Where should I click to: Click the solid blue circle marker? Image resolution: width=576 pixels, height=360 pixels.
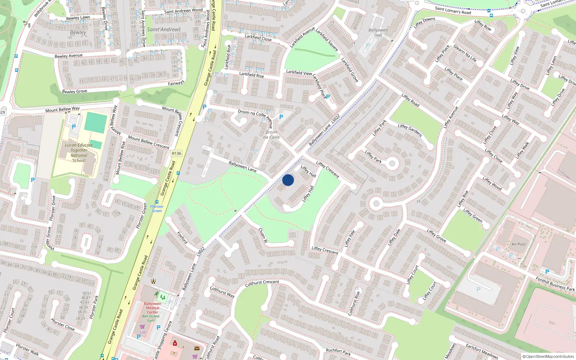point(288,180)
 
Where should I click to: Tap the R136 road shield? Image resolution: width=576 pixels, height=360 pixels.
point(176,153)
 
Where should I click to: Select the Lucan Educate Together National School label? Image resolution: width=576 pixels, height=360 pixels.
point(79,153)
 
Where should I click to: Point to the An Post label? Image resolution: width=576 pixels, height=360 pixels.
point(518,244)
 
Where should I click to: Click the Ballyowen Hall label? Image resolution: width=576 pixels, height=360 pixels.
point(378,32)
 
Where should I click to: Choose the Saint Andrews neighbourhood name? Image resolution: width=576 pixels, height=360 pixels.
point(164,30)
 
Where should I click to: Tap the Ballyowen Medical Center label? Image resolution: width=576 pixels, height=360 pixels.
point(153,308)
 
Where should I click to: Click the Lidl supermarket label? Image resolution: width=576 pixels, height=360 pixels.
point(143,332)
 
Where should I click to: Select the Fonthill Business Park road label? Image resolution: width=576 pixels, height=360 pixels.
point(555,284)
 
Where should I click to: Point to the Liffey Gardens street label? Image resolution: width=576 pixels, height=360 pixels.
point(410,130)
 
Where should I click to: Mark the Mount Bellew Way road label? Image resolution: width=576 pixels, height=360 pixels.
point(62,109)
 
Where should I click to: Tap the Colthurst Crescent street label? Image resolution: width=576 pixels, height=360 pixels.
point(262,283)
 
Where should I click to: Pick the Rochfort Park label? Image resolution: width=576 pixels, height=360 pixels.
point(338,352)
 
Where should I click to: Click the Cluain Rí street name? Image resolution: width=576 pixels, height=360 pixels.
point(263,235)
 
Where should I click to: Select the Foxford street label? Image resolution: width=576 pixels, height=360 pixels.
point(182,238)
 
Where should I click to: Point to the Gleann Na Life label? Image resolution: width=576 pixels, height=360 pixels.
point(465,53)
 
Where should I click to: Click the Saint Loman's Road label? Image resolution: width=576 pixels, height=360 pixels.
point(453,11)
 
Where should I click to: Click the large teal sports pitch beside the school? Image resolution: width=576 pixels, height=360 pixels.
point(96,123)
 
